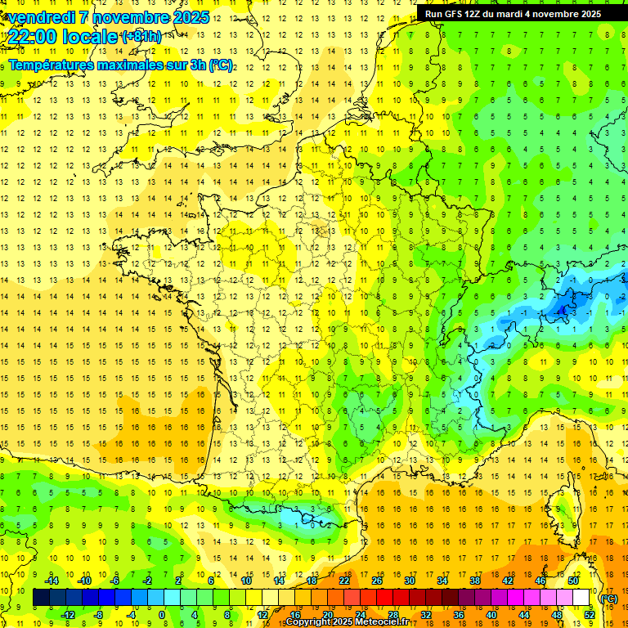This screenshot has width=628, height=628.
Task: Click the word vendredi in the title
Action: pyautogui.click(x=43, y=17)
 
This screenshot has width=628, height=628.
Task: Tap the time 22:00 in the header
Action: pyautogui.click(x=36, y=36)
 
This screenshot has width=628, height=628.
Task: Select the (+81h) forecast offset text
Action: pyautogui.click(x=141, y=36)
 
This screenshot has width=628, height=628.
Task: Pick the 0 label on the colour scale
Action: pyautogui.click(x=162, y=615)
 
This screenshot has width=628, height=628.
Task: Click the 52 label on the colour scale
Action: pyautogui.click(x=589, y=615)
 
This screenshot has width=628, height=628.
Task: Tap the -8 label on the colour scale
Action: pyautogui.click(x=99, y=615)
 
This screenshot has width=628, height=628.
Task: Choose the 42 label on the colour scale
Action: pyautogui.click(x=507, y=581)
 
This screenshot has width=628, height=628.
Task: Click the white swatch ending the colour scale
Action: pyautogui.click(x=581, y=598)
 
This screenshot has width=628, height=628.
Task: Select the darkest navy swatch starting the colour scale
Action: pyautogui.click(x=41, y=598)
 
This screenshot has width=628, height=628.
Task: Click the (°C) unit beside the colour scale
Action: pyautogui.click(x=609, y=598)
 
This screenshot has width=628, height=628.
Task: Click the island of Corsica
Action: pyautogui.click(x=563, y=506)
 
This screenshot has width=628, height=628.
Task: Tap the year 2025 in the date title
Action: pyautogui.click(x=191, y=17)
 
